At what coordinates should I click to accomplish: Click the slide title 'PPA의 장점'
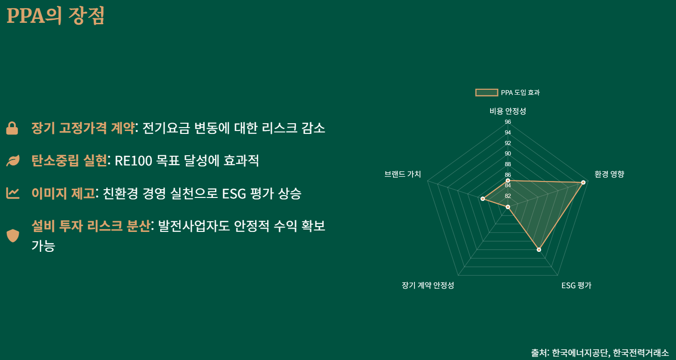pyautogui.click(x=55, y=16)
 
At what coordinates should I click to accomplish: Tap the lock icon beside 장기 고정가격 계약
pyautogui.click(x=12, y=129)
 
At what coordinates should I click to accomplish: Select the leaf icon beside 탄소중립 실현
pyautogui.click(x=13, y=161)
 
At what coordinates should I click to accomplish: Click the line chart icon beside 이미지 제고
pyautogui.click(x=13, y=194)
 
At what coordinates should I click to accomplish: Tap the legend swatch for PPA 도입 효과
pyautogui.click(x=486, y=92)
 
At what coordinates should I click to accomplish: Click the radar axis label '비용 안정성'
pyautogui.click(x=508, y=111)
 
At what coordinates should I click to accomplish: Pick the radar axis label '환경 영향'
pyautogui.click(x=609, y=174)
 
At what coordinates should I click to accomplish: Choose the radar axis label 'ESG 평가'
pyautogui.click(x=576, y=285)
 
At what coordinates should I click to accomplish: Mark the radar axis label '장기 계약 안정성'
pyautogui.click(x=428, y=285)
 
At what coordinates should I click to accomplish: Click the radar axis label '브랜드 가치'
pyautogui.click(x=402, y=174)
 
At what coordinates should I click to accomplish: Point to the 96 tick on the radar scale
pyautogui.click(x=508, y=122)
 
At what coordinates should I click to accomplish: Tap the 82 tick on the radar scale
pyautogui.click(x=508, y=196)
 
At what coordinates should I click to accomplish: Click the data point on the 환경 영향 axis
pyautogui.click(x=583, y=182)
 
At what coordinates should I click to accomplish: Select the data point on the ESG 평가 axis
pyautogui.click(x=539, y=249)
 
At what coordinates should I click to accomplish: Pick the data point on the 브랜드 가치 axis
pyautogui.click(x=482, y=199)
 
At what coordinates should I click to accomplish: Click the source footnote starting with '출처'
pyautogui.click(x=600, y=353)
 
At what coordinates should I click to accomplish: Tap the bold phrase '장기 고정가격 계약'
pyautogui.click(x=83, y=128)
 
